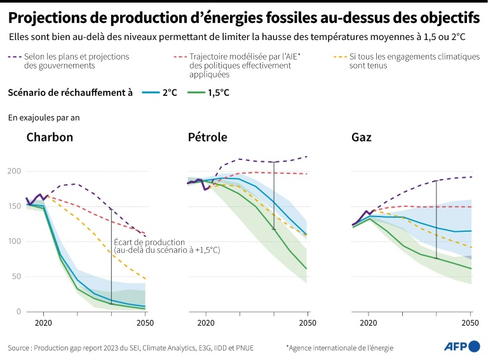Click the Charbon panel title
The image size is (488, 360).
point(50,138)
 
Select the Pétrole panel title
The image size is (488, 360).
point(207,138)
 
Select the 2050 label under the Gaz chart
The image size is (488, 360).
point(470,323)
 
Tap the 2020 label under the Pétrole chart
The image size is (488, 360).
point(206,323)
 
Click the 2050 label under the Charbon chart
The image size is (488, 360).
point(145,323)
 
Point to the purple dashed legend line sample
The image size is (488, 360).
point(14,57)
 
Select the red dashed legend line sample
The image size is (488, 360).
point(180,57)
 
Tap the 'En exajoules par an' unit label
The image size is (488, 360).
point(44,117)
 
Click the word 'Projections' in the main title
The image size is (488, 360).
point(50,16)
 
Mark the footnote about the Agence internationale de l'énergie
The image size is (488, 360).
point(339,347)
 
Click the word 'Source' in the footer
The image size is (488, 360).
point(19,347)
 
